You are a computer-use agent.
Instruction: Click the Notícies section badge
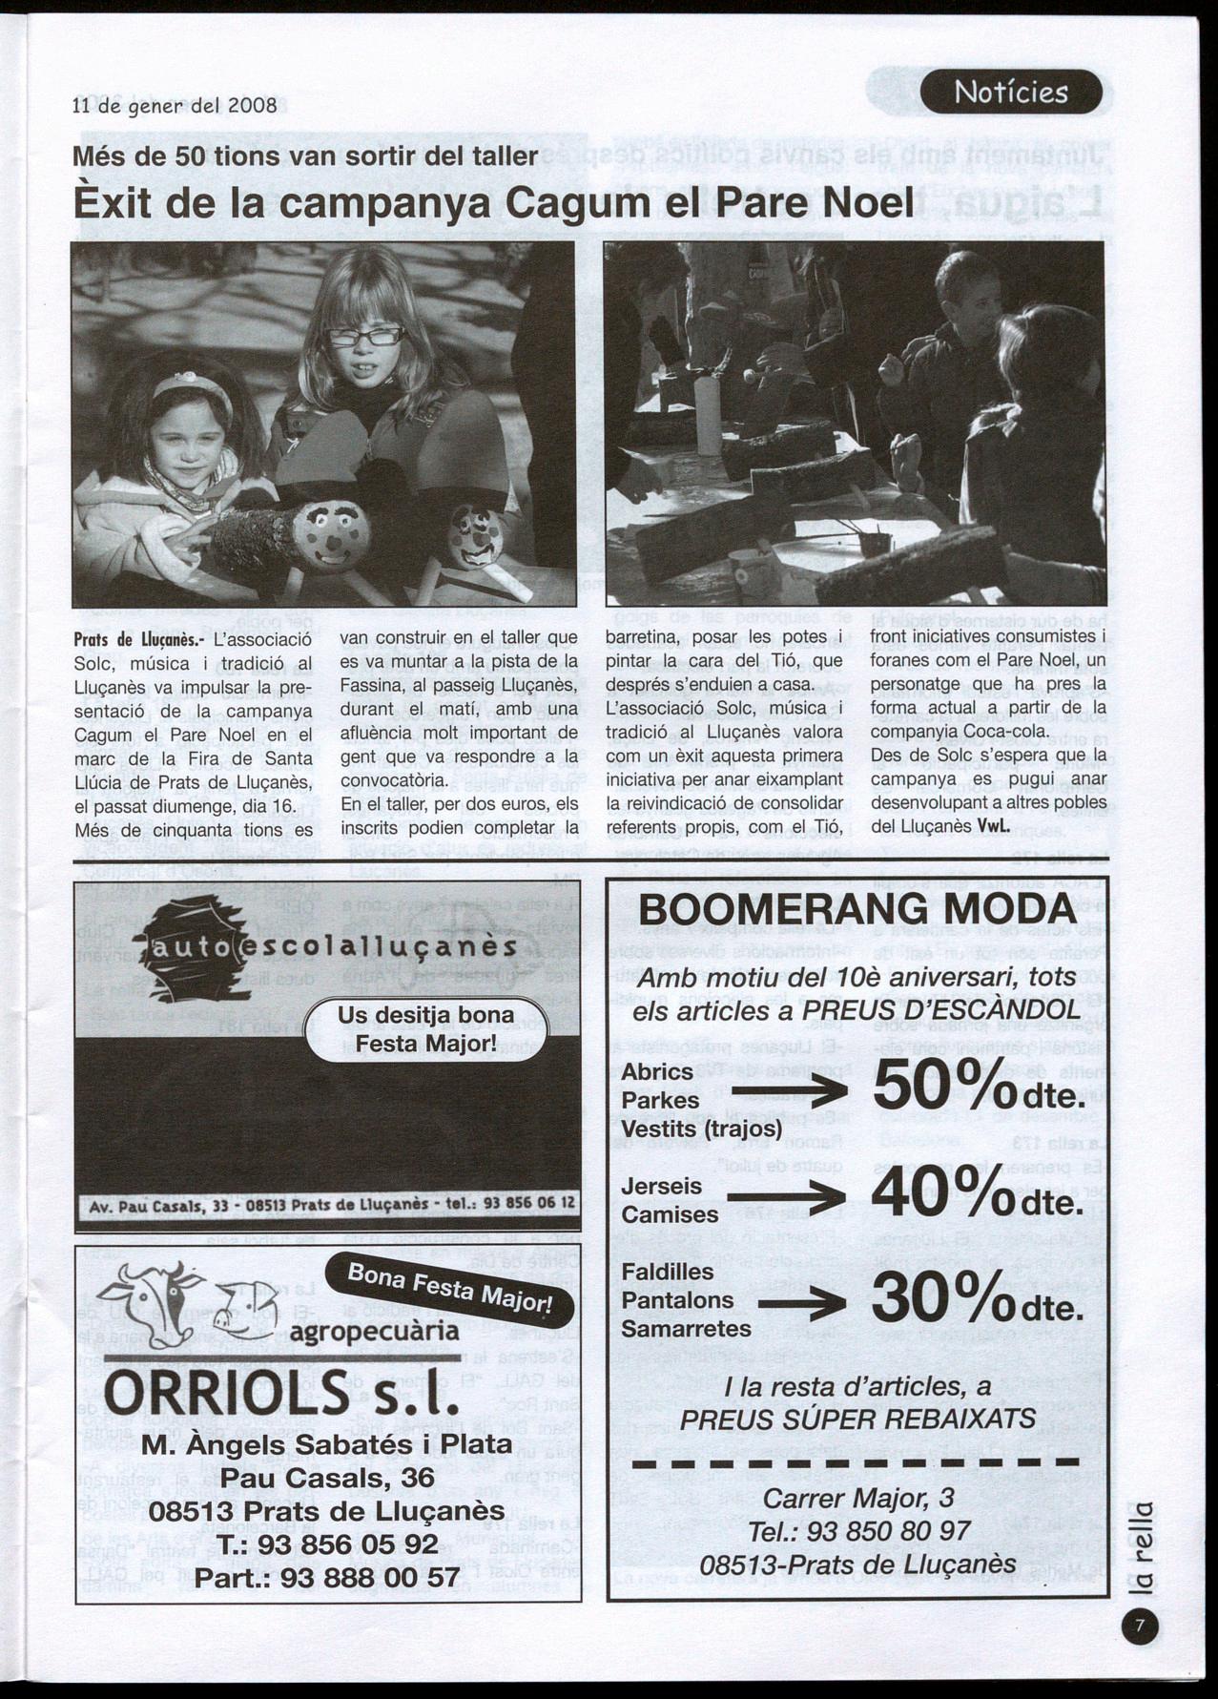[x=1011, y=93]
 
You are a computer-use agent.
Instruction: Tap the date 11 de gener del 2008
[x=175, y=106]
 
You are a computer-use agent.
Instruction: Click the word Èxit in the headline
[x=114, y=204]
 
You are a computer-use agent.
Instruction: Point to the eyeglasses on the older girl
[x=365, y=337]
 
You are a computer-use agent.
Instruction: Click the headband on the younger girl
[x=192, y=385]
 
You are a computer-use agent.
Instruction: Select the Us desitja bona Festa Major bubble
[x=425, y=1028]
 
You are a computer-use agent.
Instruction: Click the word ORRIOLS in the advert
[x=225, y=1394]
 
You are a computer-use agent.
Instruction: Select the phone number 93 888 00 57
[x=371, y=1577]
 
